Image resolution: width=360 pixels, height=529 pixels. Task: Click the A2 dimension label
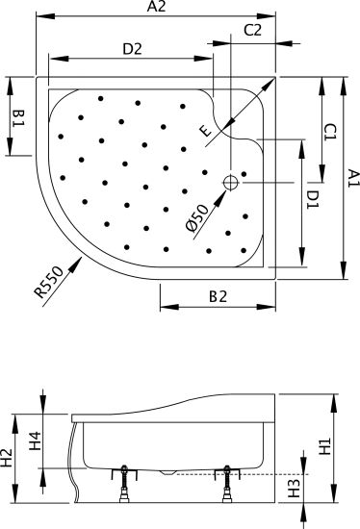click(156, 7)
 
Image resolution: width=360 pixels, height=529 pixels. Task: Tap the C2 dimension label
click(253, 30)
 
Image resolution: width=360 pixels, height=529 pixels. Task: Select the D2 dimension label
click(133, 49)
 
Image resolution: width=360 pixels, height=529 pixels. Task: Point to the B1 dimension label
click(18, 118)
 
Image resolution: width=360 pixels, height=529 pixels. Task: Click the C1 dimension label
click(330, 132)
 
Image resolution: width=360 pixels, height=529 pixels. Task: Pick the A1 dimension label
click(353, 179)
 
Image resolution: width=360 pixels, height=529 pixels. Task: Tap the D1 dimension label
click(313, 199)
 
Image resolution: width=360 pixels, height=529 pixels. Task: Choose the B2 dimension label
click(219, 296)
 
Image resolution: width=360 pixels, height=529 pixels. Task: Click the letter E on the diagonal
click(206, 131)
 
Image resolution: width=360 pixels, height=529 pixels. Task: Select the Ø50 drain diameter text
click(198, 218)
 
